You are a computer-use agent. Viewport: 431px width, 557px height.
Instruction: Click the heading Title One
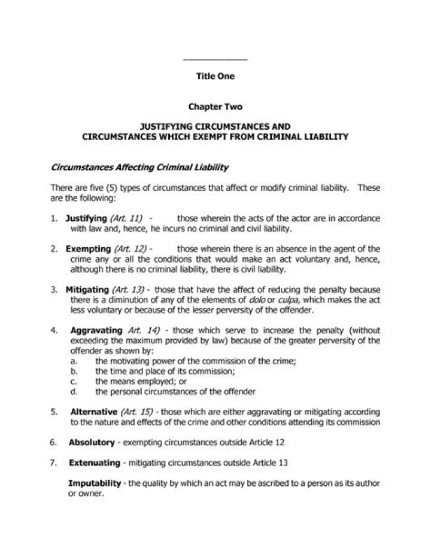pos(215,76)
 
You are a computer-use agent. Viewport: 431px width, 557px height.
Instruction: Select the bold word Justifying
pos(86,218)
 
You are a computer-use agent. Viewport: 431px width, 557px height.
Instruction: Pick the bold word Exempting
pos(88,248)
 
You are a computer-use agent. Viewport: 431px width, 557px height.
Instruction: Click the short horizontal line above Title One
pos(214,59)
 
